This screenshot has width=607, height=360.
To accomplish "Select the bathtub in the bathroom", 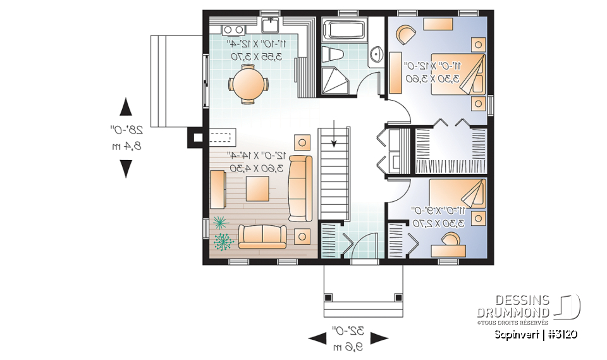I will pos(344,30).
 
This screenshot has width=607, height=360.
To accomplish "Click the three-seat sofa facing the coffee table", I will pos(299,188).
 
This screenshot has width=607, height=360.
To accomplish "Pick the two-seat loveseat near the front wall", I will pos(262,236).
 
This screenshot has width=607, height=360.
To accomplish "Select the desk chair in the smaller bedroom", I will pos(451,239).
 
